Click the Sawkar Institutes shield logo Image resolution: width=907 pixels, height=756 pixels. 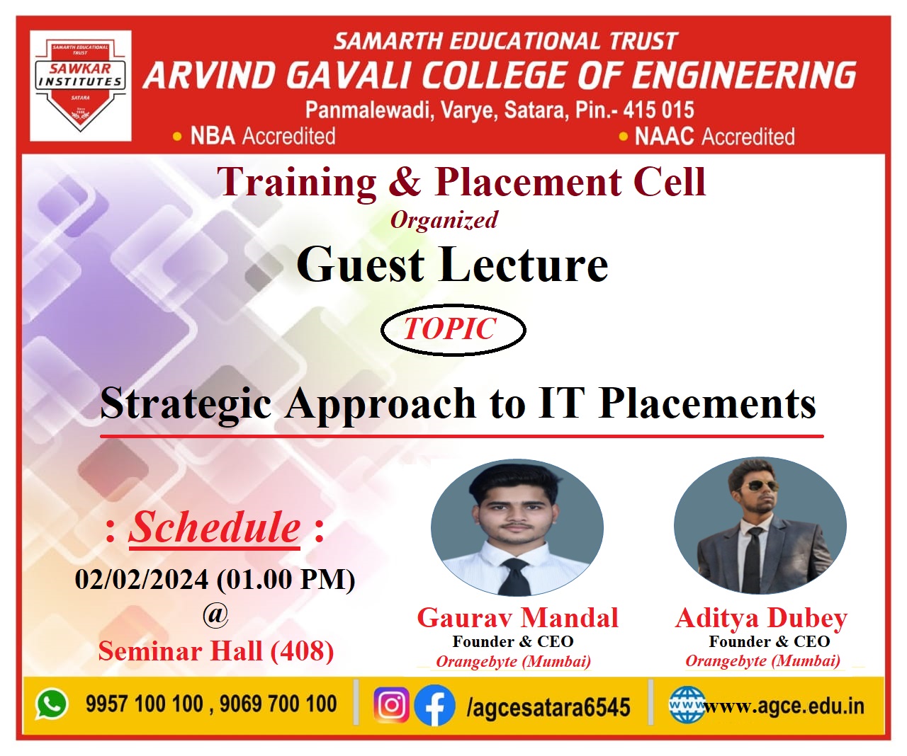click(x=80, y=86)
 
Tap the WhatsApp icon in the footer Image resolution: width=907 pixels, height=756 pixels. click(x=52, y=704)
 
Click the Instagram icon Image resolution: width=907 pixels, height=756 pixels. click(x=391, y=704)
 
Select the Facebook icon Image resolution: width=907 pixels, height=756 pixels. click(x=434, y=705)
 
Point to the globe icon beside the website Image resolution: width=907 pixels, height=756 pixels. click(x=687, y=704)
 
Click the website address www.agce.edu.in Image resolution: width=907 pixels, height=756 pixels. click(x=783, y=706)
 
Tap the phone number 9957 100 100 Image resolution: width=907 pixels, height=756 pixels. click(x=145, y=704)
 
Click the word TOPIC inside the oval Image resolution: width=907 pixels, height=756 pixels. click(x=450, y=328)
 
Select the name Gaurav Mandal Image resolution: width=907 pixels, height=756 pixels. click(x=517, y=617)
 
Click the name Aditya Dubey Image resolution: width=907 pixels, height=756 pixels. click(x=761, y=619)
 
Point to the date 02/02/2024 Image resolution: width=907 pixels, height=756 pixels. click(x=142, y=579)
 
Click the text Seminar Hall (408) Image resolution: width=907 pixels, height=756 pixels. click(x=216, y=651)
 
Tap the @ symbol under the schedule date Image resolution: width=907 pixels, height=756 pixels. click(x=215, y=615)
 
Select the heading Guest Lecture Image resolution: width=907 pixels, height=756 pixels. click(x=452, y=264)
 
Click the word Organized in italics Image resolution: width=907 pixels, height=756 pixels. click(x=444, y=220)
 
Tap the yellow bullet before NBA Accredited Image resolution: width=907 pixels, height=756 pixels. click(x=177, y=137)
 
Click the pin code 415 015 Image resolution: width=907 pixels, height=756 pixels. click(x=658, y=110)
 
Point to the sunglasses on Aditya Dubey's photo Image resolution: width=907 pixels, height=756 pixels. click(x=758, y=486)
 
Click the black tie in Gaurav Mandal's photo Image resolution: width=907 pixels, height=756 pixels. click(x=515, y=576)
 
